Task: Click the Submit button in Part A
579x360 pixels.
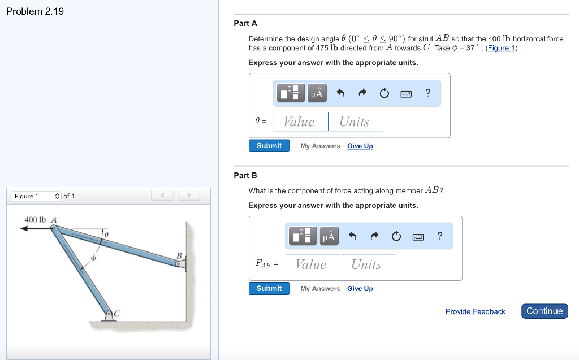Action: point(269,146)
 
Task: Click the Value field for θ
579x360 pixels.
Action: point(301,122)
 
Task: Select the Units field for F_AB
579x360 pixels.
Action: point(368,264)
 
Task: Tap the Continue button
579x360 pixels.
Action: point(545,311)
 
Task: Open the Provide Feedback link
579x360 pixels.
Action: point(475,311)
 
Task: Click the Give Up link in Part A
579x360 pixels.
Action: point(360,146)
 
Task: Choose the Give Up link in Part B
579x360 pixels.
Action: point(360,289)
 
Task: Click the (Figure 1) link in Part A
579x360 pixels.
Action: point(502,47)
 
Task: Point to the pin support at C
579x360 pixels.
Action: point(109,314)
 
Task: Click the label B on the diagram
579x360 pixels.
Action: point(179,256)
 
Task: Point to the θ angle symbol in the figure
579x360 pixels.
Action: point(106,232)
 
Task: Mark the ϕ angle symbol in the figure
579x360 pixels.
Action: point(94,258)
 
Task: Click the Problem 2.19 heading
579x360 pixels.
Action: point(35,11)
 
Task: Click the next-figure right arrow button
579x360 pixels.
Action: point(189,196)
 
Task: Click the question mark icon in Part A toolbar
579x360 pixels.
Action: point(428,93)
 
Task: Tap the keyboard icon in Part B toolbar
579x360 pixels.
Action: point(418,236)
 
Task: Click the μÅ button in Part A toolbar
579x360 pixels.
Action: point(317,93)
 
